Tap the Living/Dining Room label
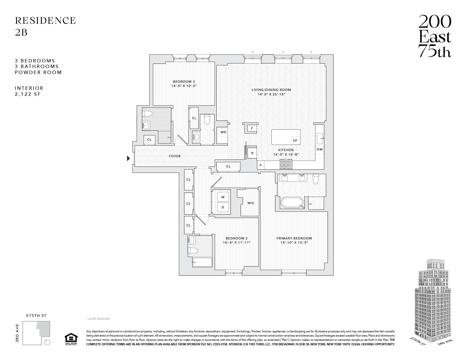(x=271, y=90)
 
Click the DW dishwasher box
(x=319, y=149)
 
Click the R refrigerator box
(x=252, y=153)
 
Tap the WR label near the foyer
(x=223, y=132)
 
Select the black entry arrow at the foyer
(x=128, y=158)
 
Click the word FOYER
(x=175, y=156)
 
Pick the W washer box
(x=223, y=197)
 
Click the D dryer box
(x=223, y=207)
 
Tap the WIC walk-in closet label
(x=251, y=203)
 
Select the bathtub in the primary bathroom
(x=292, y=203)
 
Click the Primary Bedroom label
(x=294, y=238)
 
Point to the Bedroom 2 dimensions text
(x=237, y=243)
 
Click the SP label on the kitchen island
(x=295, y=140)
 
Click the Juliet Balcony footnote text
(x=98, y=319)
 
